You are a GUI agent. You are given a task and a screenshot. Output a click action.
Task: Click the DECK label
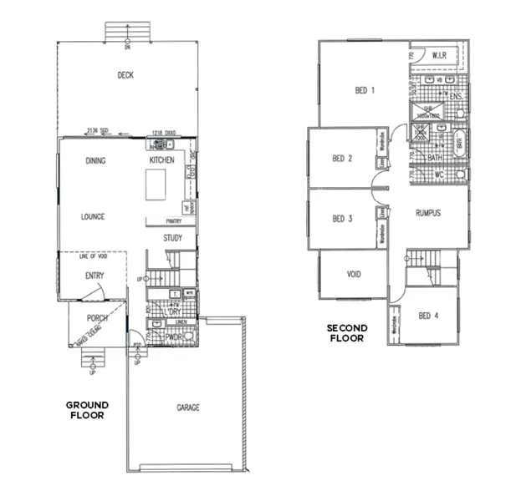pos(125,75)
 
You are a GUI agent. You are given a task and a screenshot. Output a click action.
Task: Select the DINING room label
pos(95,160)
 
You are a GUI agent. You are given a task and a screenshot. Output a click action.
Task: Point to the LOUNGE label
pos(93,217)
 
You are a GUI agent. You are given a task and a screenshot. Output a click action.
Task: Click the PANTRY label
pos(174,221)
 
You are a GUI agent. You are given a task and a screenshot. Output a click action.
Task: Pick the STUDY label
pos(173,239)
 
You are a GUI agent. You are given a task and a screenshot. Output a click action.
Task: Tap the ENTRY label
pos(94,275)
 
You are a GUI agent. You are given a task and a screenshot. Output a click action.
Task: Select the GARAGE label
pos(188,408)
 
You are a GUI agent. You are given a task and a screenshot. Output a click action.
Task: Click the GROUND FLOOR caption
pos(87,410)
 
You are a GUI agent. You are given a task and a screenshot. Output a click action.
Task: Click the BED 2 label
pos(342,159)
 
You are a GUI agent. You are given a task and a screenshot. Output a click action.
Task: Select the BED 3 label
pos(342,219)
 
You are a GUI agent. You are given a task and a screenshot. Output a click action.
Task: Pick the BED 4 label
pos(428,316)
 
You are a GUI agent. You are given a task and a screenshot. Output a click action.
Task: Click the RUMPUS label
pos(428,213)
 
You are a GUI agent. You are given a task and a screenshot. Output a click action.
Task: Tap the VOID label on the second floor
pos(354,273)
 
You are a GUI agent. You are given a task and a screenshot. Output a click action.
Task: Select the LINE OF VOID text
pos(94,256)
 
